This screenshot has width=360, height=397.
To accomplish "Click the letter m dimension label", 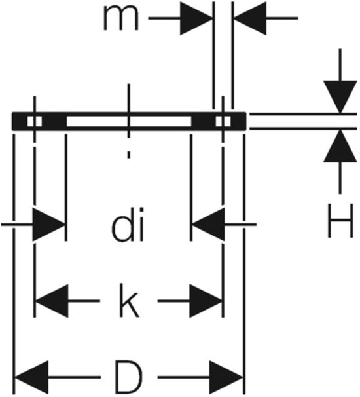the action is coord(121,18).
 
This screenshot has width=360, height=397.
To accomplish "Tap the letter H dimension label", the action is coord(340,221).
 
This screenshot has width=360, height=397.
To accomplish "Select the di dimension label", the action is coord(128,224).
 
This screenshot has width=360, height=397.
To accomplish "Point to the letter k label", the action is coord(130,301).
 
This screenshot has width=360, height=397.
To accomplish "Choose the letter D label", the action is coord(128,377).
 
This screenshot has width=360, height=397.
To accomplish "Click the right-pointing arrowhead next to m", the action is coord(196,18).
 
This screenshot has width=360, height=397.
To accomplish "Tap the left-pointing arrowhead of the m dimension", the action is coord(250,18).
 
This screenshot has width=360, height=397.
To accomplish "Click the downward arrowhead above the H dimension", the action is coord(340,96).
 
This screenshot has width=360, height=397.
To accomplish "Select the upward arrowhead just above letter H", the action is coord(340,145).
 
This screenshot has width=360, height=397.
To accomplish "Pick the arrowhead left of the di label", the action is coord(48,224).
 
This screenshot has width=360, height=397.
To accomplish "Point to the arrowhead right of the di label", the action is coord(208,224).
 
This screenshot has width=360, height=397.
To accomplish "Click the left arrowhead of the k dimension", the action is coord(52,301).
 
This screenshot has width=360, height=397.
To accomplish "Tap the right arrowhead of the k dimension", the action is coord(206,301).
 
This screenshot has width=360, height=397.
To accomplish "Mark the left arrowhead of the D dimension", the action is coord(32,377).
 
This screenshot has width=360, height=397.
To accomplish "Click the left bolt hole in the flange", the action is coord(35,121).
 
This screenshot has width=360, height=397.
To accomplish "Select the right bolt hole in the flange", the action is coord(223,121).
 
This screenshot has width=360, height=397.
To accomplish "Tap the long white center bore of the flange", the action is coord(129,121).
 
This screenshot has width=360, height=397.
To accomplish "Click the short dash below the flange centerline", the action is coord(129,155).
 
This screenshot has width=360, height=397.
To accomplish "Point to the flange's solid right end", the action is coord(238,121).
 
